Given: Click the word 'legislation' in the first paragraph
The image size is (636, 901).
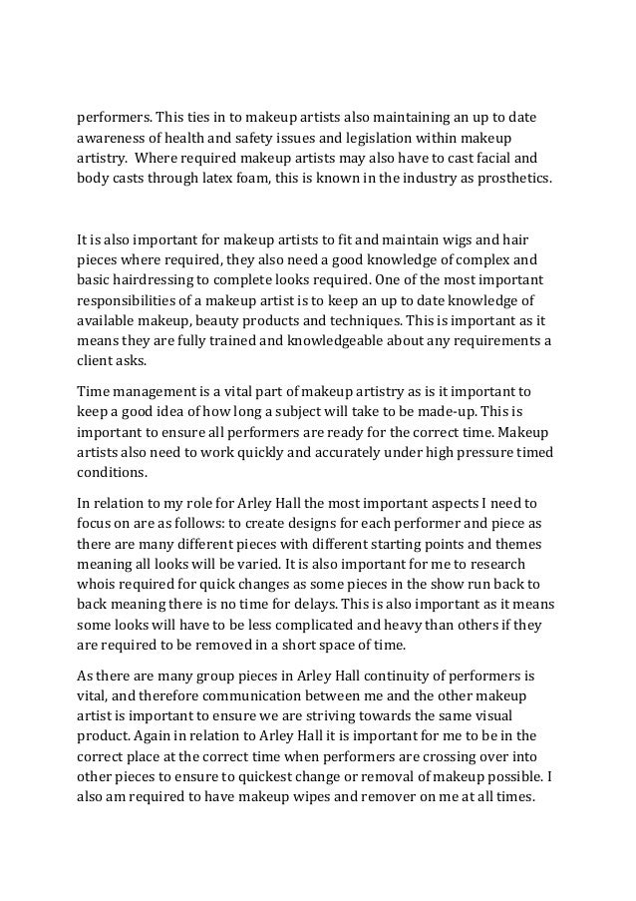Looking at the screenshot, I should pyautogui.click(x=377, y=136).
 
